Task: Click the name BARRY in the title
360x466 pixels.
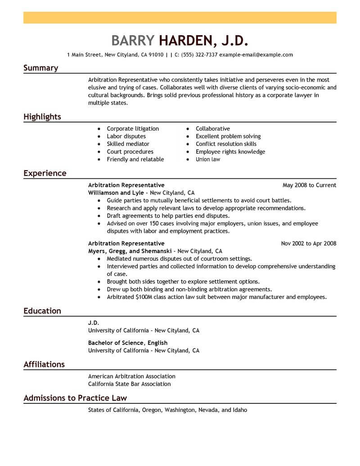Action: click(133, 41)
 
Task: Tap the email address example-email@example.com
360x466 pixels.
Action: click(256, 55)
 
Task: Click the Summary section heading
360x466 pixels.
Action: click(40, 68)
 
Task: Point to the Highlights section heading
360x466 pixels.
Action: click(42, 117)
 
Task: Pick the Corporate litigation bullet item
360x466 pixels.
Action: click(133, 129)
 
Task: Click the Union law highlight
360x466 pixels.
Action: click(208, 159)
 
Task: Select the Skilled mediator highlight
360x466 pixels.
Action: click(128, 144)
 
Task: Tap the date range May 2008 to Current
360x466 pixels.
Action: click(309, 185)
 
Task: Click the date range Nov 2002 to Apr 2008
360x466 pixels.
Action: click(308, 244)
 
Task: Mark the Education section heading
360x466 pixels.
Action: click(42, 311)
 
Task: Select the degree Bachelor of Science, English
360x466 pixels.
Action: click(128, 343)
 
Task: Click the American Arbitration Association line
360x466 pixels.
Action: click(132, 376)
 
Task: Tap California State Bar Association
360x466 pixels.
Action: click(130, 384)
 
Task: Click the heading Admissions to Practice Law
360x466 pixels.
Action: click(75, 398)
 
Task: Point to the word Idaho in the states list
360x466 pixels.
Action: click(239, 410)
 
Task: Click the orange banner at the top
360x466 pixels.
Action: click(180, 18)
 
